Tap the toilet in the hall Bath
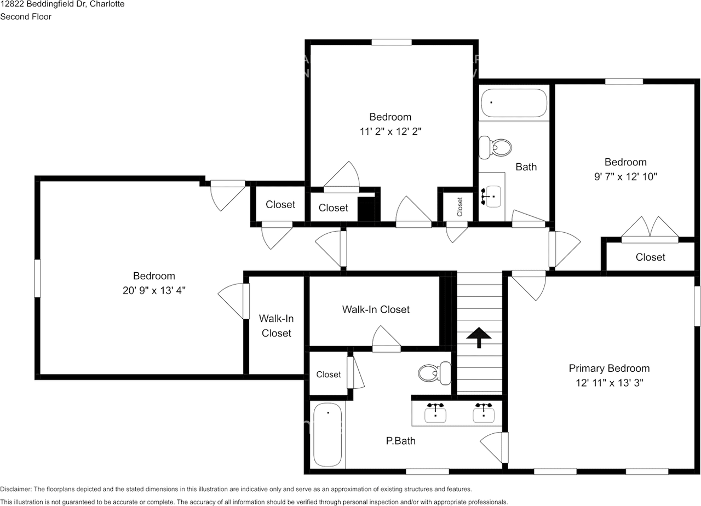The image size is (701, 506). (495, 147)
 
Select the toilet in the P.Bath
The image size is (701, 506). (435, 373)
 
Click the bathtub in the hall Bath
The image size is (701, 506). (514, 103)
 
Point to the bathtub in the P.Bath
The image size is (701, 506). (327, 435)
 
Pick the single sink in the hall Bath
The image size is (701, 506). (492, 196)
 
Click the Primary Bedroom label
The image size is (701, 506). (609, 369)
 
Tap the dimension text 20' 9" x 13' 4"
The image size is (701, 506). (154, 291)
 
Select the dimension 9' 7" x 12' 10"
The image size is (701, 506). (625, 177)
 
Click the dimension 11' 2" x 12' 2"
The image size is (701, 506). (390, 131)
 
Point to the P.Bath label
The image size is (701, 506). (400, 441)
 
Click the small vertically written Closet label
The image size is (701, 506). (459, 206)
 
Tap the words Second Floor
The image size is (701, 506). (26, 16)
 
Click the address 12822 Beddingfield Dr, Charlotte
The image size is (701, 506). (62, 4)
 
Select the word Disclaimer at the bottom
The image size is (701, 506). (16, 489)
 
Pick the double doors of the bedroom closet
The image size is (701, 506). (650, 230)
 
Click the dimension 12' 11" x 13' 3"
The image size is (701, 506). (610, 383)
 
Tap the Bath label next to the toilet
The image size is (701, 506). (526, 167)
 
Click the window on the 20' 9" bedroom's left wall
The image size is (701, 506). (37, 278)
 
